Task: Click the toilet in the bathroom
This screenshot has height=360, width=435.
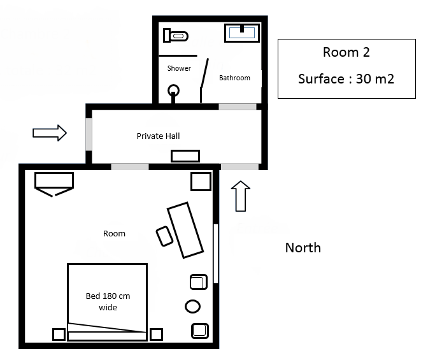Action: pos(176,36)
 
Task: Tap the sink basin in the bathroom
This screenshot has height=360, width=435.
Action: pos(242,33)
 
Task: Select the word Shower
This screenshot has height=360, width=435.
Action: pos(179,68)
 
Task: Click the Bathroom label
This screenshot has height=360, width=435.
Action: pos(234,78)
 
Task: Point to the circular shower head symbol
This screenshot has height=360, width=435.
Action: pos(173,90)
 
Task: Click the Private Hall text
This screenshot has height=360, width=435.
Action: pos(158,136)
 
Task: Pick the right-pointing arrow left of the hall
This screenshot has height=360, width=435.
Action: pos(50,133)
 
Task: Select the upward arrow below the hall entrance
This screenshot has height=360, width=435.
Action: pos(241,196)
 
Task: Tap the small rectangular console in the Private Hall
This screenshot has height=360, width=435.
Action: pos(185,156)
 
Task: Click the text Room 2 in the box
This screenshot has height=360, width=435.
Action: pos(346,52)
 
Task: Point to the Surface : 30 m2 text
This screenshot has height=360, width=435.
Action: pos(346,79)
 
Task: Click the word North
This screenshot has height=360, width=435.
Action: pos(303,248)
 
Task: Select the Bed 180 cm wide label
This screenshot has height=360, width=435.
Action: pos(108,301)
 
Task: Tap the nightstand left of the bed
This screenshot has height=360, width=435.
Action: pos(59,335)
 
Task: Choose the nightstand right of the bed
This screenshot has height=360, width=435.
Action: pos(156,335)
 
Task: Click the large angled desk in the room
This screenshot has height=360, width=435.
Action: pos(185,230)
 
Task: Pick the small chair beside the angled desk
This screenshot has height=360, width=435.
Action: pos(164,236)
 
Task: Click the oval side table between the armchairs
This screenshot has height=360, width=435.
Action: pos(192,306)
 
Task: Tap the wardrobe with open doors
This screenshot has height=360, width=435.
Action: pos(54,184)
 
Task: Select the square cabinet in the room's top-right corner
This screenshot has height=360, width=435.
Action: pos(201,182)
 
